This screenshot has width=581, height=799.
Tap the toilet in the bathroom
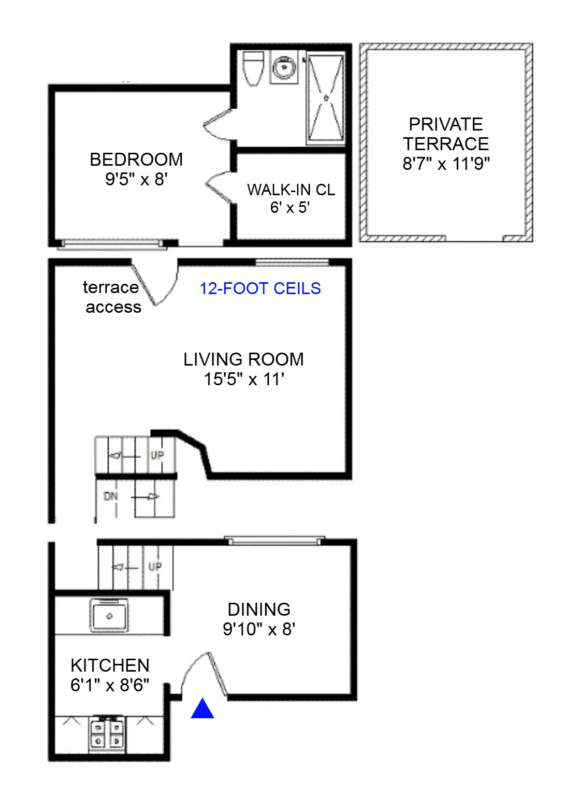tap(253, 68)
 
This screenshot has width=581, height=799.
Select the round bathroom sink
tap(284, 67)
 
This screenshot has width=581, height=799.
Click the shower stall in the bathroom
tap(326, 98)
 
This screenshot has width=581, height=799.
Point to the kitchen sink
tap(109, 616)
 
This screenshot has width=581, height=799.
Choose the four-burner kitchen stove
tap(107, 734)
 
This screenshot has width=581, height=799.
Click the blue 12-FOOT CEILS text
tap(260, 288)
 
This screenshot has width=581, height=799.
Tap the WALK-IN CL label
tap(290, 190)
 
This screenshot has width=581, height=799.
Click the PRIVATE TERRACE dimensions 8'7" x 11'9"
tap(446, 164)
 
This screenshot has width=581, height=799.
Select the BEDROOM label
tap(136, 159)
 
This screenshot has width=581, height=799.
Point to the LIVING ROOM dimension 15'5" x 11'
tap(244, 379)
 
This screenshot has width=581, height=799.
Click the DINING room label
tap(259, 609)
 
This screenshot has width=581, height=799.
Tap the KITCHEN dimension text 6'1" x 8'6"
tap(110, 685)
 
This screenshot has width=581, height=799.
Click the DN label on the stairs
tap(110, 496)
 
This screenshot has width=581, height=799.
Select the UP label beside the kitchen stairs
tap(155, 566)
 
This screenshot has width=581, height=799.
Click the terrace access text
tap(112, 297)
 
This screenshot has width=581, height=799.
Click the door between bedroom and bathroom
tap(217, 124)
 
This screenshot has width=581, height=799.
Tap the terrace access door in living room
tap(155, 285)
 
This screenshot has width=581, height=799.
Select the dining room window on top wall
tap(274, 541)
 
